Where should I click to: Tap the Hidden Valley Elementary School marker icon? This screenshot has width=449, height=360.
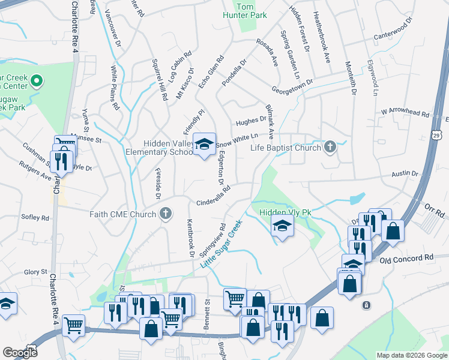[x=205, y=145]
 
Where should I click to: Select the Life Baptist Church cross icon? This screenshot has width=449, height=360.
[x=329, y=147]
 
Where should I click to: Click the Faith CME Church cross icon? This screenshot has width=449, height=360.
[x=166, y=214]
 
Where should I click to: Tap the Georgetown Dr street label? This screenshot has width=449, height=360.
[x=292, y=87]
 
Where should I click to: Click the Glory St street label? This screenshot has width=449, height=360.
[x=35, y=272]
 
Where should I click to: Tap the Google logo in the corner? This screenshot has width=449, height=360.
[x=19, y=353]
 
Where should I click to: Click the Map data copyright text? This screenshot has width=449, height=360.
[x=411, y=355]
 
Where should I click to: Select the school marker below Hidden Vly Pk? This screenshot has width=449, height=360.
[x=280, y=228]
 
